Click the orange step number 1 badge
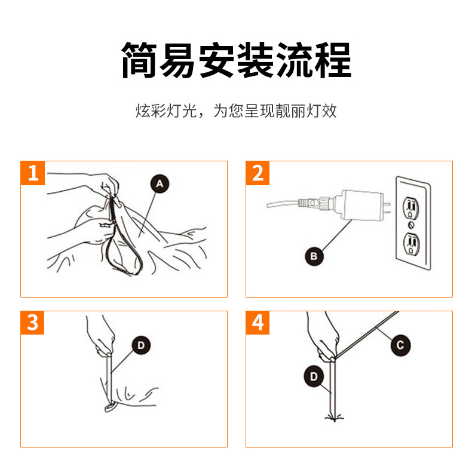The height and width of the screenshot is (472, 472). (33, 173)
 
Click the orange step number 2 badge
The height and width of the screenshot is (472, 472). (258, 173)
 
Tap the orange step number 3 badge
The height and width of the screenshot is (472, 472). (32, 323)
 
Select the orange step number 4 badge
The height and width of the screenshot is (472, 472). (258, 323)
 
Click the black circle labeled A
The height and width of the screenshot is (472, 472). (160, 183)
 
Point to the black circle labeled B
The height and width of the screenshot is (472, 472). (314, 256)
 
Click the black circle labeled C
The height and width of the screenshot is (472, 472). (400, 345)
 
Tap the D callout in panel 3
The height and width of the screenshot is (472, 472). (141, 345)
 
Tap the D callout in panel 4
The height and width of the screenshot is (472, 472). (314, 376)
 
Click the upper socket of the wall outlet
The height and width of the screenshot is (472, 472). (411, 207)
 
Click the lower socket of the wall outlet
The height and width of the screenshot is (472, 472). (411, 244)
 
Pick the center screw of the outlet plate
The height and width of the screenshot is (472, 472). (411, 225)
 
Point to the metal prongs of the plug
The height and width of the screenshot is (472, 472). (387, 208)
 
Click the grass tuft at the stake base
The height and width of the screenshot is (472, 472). (335, 418)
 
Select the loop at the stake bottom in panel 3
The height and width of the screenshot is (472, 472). (111, 407)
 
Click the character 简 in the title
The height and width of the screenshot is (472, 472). (139, 60)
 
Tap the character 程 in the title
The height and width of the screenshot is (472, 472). (333, 60)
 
